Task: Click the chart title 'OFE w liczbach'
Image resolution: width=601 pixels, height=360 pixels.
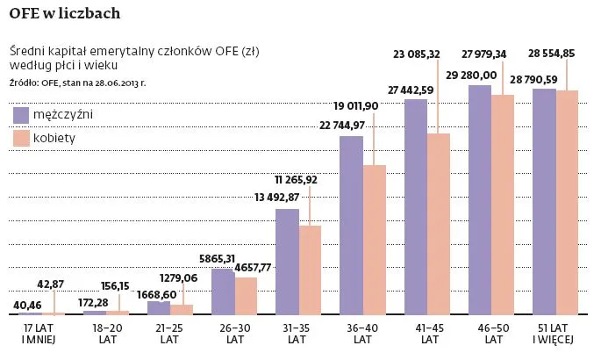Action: pos(65,13)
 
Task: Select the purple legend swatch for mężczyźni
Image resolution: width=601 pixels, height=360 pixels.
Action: pos(22,115)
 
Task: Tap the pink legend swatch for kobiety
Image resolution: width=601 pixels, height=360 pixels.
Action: pos(22,138)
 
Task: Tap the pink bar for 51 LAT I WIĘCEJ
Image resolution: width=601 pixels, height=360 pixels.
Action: pos(567,202)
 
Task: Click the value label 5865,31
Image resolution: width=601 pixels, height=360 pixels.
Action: pos(215,258)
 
